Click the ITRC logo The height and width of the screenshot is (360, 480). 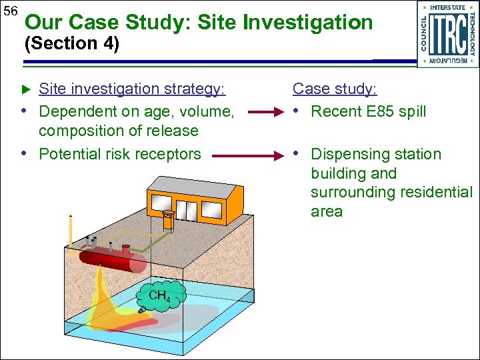[x=447, y=33]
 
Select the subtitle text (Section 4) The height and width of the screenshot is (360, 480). [x=71, y=45]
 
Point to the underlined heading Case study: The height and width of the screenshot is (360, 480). [x=335, y=89]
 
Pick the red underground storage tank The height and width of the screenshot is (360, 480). [x=113, y=259]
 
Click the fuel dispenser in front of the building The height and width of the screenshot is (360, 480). [x=169, y=219]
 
